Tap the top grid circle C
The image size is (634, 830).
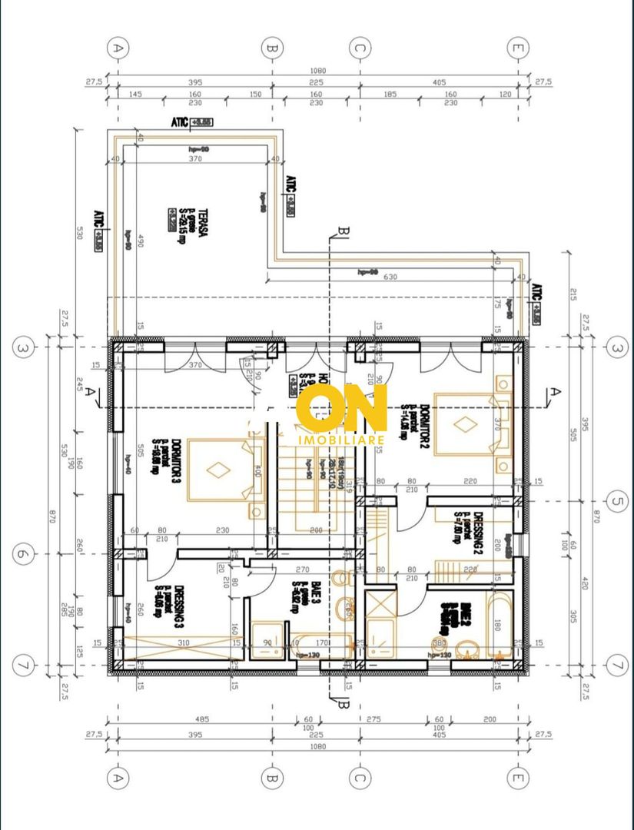358,47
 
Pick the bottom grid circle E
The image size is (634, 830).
519,779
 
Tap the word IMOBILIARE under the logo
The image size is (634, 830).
340,439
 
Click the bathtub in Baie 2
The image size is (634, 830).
499,624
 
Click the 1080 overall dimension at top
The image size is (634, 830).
318,71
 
